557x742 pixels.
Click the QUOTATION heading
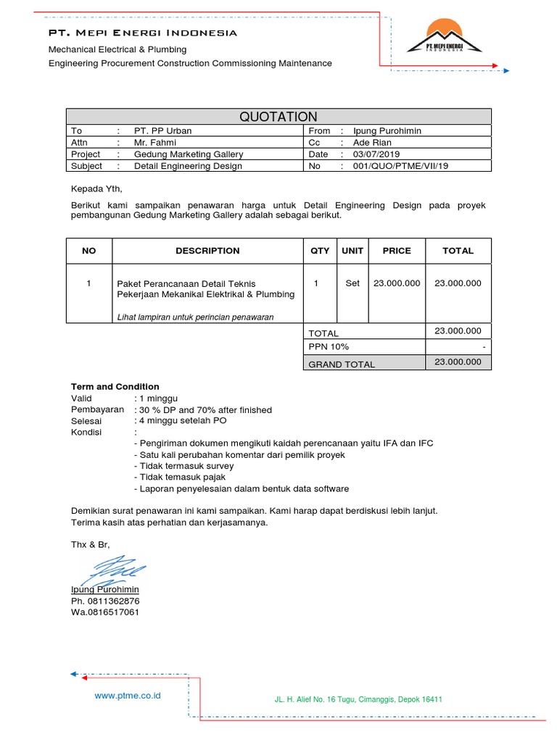[x=278, y=117]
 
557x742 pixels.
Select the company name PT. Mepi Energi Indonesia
[x=142, y=33]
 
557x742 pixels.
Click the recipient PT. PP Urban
[x=163, y=131]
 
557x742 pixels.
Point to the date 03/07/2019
[x=377, y=154]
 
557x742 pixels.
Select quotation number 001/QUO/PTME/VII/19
[x=401, y=166]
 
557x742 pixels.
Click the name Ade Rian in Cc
[x=372, y=143]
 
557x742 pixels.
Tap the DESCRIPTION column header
[x=207, y=251]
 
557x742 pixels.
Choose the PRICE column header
[x=397, y=251]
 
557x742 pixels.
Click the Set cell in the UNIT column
[x=352, y=283]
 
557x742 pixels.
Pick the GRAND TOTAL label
[x=342, y=364]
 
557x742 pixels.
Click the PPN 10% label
[x=329, y=349]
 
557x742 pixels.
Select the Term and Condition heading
[x=115, y=387]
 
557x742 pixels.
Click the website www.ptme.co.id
[x=128, y=696]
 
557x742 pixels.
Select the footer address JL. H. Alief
[x=358, y=699]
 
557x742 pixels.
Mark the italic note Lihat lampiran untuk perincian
[x=195, y=317]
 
